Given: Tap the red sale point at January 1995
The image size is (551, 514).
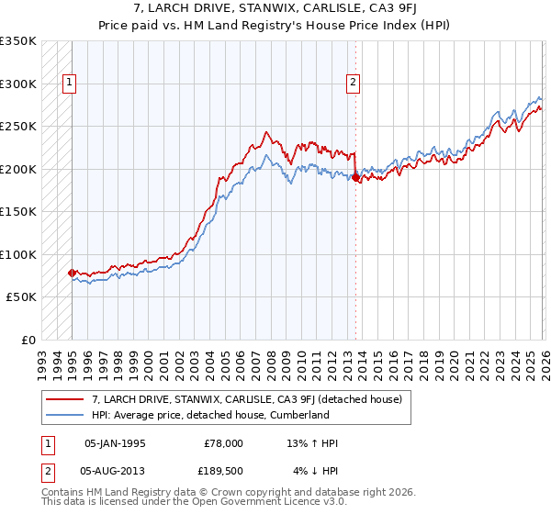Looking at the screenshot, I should point(72,273).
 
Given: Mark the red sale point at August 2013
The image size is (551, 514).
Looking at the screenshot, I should point(355,178).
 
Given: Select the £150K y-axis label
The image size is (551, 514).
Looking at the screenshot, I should point(18,212).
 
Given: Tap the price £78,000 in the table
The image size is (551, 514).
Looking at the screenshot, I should point(223,443).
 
